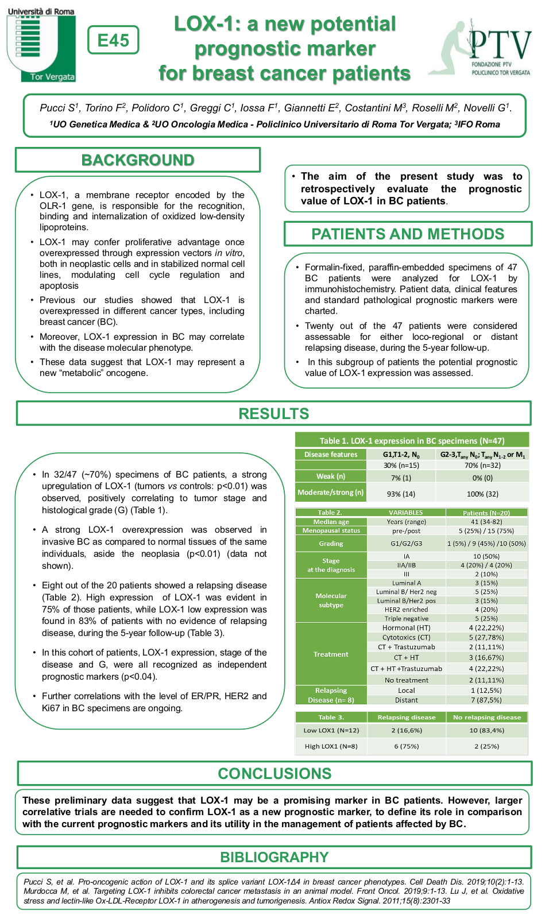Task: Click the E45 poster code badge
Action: tap(113, 40)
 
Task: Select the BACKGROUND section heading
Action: tap(138, 160)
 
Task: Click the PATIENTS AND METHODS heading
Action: tap(408, 234)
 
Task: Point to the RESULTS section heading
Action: tap(274, 414)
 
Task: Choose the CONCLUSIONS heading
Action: tap(274, 774)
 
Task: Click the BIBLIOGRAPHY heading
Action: tap(274, 858)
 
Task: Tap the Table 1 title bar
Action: tap(412, 441)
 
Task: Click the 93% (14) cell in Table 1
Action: tap(401, 494)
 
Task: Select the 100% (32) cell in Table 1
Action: tap(482, 494)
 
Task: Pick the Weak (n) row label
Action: tap(331, 476)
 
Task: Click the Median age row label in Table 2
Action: tap(331, 522)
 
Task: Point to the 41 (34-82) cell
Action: tap(486, 522)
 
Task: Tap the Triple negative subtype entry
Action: tap(407, 619)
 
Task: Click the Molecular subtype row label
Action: tap(331, 600)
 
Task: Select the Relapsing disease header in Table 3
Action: tap(407, 718)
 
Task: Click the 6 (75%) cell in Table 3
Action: tap(407, 746)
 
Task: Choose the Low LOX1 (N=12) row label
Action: tap(331, 730)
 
